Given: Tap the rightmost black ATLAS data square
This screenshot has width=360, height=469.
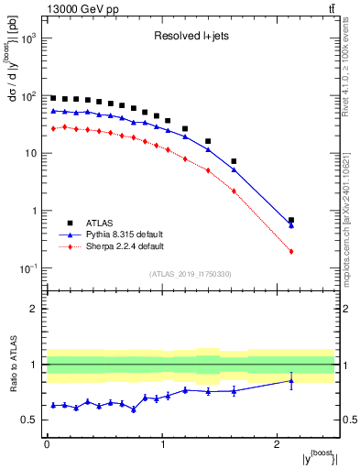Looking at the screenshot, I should (291, 220).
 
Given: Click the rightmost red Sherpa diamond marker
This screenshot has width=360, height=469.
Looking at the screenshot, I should (291, 251).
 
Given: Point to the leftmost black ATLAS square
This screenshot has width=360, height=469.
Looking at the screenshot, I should (53, 98).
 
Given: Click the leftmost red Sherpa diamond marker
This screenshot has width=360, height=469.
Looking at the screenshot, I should (53, 128).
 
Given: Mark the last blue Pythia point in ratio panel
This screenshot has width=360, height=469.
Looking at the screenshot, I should (291, 381).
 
